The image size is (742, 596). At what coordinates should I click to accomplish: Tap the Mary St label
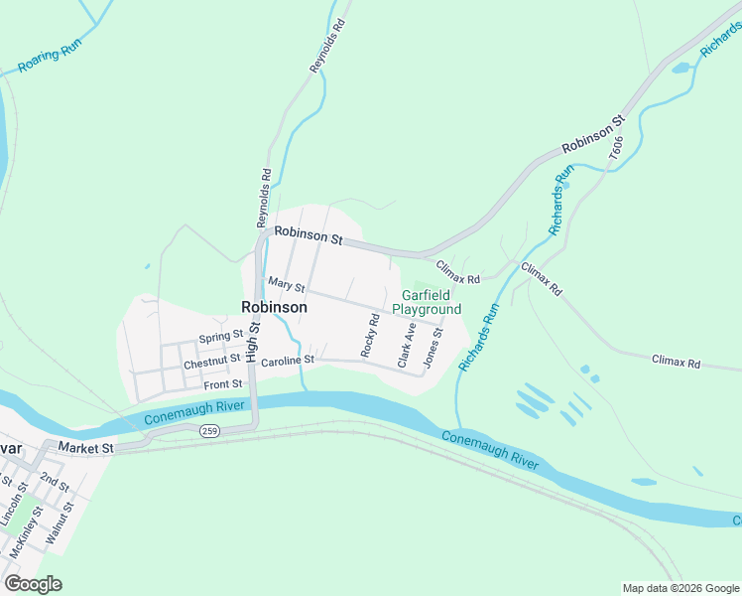point(287,285)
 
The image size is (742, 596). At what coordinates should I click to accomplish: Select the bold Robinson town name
point(274,308)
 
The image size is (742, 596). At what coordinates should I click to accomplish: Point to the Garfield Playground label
point(432,303)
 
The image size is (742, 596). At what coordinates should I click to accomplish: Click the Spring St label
point(220,337)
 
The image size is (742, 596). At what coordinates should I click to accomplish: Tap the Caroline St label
point(287,360)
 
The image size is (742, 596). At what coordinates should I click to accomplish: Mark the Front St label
point(222,384)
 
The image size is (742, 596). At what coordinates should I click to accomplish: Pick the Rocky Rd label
point(370,336)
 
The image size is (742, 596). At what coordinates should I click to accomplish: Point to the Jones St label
point(433,348)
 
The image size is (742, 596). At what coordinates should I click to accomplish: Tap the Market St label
point(86,448)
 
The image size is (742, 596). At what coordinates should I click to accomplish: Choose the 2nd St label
point(56,484)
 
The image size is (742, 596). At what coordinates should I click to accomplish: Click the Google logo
point(33,584)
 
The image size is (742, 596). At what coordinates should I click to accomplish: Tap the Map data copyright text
point(680,588)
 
